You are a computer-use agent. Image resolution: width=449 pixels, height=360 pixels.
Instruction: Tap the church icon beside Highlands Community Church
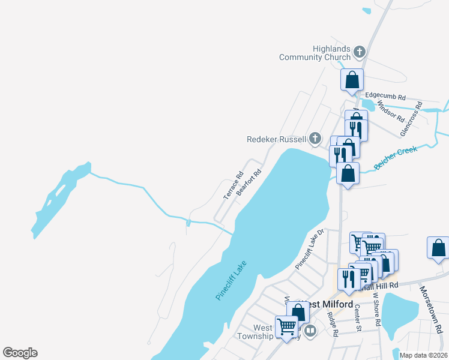(360, 52)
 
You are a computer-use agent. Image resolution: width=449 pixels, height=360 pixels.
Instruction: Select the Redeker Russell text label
(277, 139)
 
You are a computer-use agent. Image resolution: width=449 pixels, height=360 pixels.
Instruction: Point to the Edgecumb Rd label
(385, 96)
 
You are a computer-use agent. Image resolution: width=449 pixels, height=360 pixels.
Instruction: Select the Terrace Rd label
(232, 186)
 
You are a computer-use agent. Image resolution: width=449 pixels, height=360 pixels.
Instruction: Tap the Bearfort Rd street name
(249, 182)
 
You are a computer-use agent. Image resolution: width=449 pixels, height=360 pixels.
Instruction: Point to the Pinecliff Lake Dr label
(310, 248)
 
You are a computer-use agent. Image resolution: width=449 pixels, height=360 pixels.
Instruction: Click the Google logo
(20, 353)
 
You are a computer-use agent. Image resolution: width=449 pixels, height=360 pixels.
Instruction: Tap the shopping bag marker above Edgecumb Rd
(352, 80)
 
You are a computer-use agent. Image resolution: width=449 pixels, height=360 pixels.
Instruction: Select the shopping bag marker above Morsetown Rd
(438, 248)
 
